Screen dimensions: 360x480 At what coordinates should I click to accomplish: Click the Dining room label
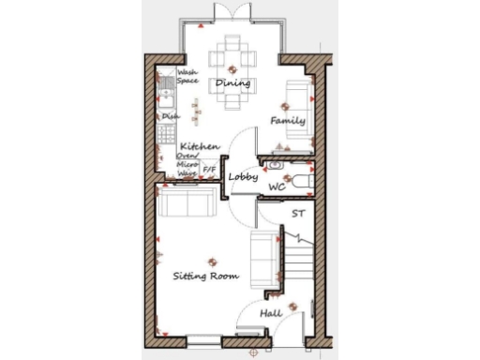pyautogui.click(x=232, y=84)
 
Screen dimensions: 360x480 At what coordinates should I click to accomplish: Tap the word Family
pyautogui.click(x=287, y=121)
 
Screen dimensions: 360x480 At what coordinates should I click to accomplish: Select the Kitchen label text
pyautogui.click(x=200, y=147)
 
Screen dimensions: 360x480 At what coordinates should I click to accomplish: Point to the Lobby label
pyautogui.click(x=244, y=175)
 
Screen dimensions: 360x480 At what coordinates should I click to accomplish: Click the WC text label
pyautogui.click(x=277, y=187)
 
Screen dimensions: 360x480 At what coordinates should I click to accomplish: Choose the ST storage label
pyautogui.click(x=298, y=215)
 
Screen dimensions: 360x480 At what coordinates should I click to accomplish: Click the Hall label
pyautogui.click(x=271, y=313)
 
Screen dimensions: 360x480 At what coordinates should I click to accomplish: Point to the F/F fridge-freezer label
pyautogui.click(x=209, y=170)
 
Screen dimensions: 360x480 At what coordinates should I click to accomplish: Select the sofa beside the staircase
pyautogui.click(x=263, y=260)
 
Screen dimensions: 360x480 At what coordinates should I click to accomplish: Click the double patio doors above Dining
pyautogui.click(x=232, y=11)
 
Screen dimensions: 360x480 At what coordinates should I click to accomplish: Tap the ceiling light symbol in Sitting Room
pyautogui.click(x=212, y=263)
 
